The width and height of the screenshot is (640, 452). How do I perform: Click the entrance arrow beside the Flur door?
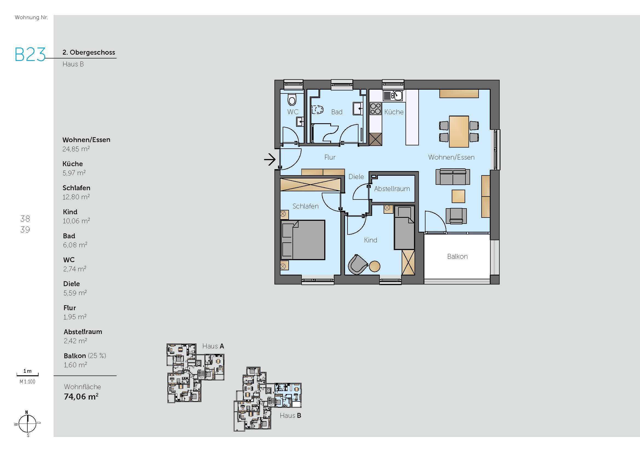click(x=270, y=160)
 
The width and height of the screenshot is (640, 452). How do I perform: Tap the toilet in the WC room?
click(x=292, y=99)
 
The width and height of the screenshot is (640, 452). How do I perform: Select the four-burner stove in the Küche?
click(x=375, y=108)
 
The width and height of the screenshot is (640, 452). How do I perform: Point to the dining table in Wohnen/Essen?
click(x=459, y=131)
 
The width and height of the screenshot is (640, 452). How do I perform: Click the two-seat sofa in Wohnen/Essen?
click(x=453, y=177)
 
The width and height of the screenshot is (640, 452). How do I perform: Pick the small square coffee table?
click(x=458, y=196)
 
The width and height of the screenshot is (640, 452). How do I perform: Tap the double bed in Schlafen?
click(x=303, y=240)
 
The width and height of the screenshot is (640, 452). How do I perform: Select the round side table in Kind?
click(x=374, y=266)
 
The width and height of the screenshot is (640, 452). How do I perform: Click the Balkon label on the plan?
click(x=457, y=256)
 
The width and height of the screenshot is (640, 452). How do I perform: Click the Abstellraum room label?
click(x=392, y=189)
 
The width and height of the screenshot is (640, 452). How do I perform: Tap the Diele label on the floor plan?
click(x=356, y=177)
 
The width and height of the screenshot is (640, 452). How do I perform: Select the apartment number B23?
click(x=30, y=55)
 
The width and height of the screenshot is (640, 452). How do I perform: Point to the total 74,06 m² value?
click(x=81, y=397)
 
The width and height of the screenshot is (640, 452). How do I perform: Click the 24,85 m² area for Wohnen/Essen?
click(x=76, y=149)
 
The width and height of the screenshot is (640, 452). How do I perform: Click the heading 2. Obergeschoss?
click(x=89, y=52)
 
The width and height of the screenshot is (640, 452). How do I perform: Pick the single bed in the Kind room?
click(x=404, y=228)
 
